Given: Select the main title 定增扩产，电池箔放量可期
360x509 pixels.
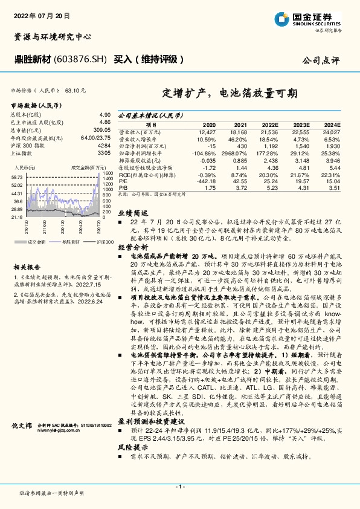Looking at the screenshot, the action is (230, 94).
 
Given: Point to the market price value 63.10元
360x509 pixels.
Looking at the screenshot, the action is (74, 90).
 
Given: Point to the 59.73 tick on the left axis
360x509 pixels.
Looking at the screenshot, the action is (17, 177).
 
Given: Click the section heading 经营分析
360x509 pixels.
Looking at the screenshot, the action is (132, 247).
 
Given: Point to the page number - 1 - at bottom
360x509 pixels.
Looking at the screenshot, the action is (179, 487).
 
